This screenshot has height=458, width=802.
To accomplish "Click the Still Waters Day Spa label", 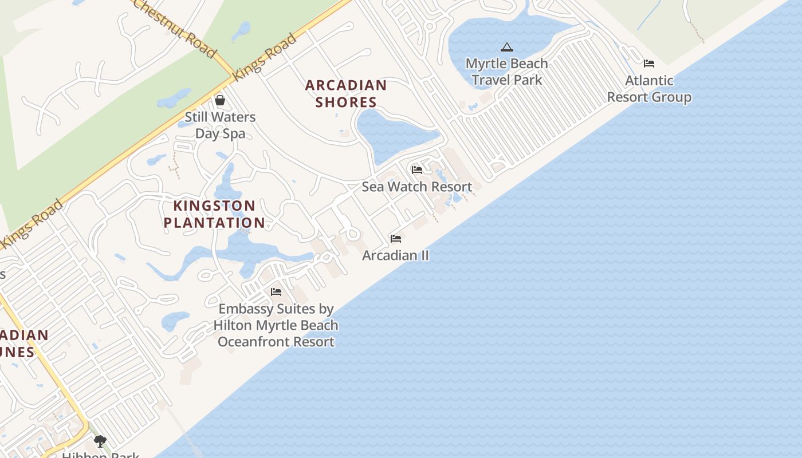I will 220,125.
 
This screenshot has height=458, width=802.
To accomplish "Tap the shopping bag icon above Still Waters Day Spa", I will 220,101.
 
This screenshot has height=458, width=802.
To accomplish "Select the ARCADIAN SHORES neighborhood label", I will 345,94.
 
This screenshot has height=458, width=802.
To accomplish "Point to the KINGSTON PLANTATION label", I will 214,214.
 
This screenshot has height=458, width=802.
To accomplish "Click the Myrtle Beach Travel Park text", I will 506,72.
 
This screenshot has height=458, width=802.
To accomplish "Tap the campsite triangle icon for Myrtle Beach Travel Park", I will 506,47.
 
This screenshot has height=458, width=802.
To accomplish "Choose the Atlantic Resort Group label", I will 649,89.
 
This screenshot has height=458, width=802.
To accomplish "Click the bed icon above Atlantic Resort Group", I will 649,64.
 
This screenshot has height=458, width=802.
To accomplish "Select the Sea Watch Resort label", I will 416,187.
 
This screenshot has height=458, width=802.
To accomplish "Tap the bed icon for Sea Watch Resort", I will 417,170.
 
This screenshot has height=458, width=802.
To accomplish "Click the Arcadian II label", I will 395,255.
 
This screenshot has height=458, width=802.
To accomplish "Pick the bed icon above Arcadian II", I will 396,239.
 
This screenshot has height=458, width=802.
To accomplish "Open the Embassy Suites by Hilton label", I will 276,325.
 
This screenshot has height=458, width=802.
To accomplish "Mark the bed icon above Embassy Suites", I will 276,292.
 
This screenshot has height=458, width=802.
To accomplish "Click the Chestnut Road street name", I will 175,28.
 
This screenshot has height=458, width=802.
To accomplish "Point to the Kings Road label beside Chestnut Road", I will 265,56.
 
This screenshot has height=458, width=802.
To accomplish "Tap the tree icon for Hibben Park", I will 100,441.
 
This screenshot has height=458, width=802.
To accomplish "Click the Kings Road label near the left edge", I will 32,224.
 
